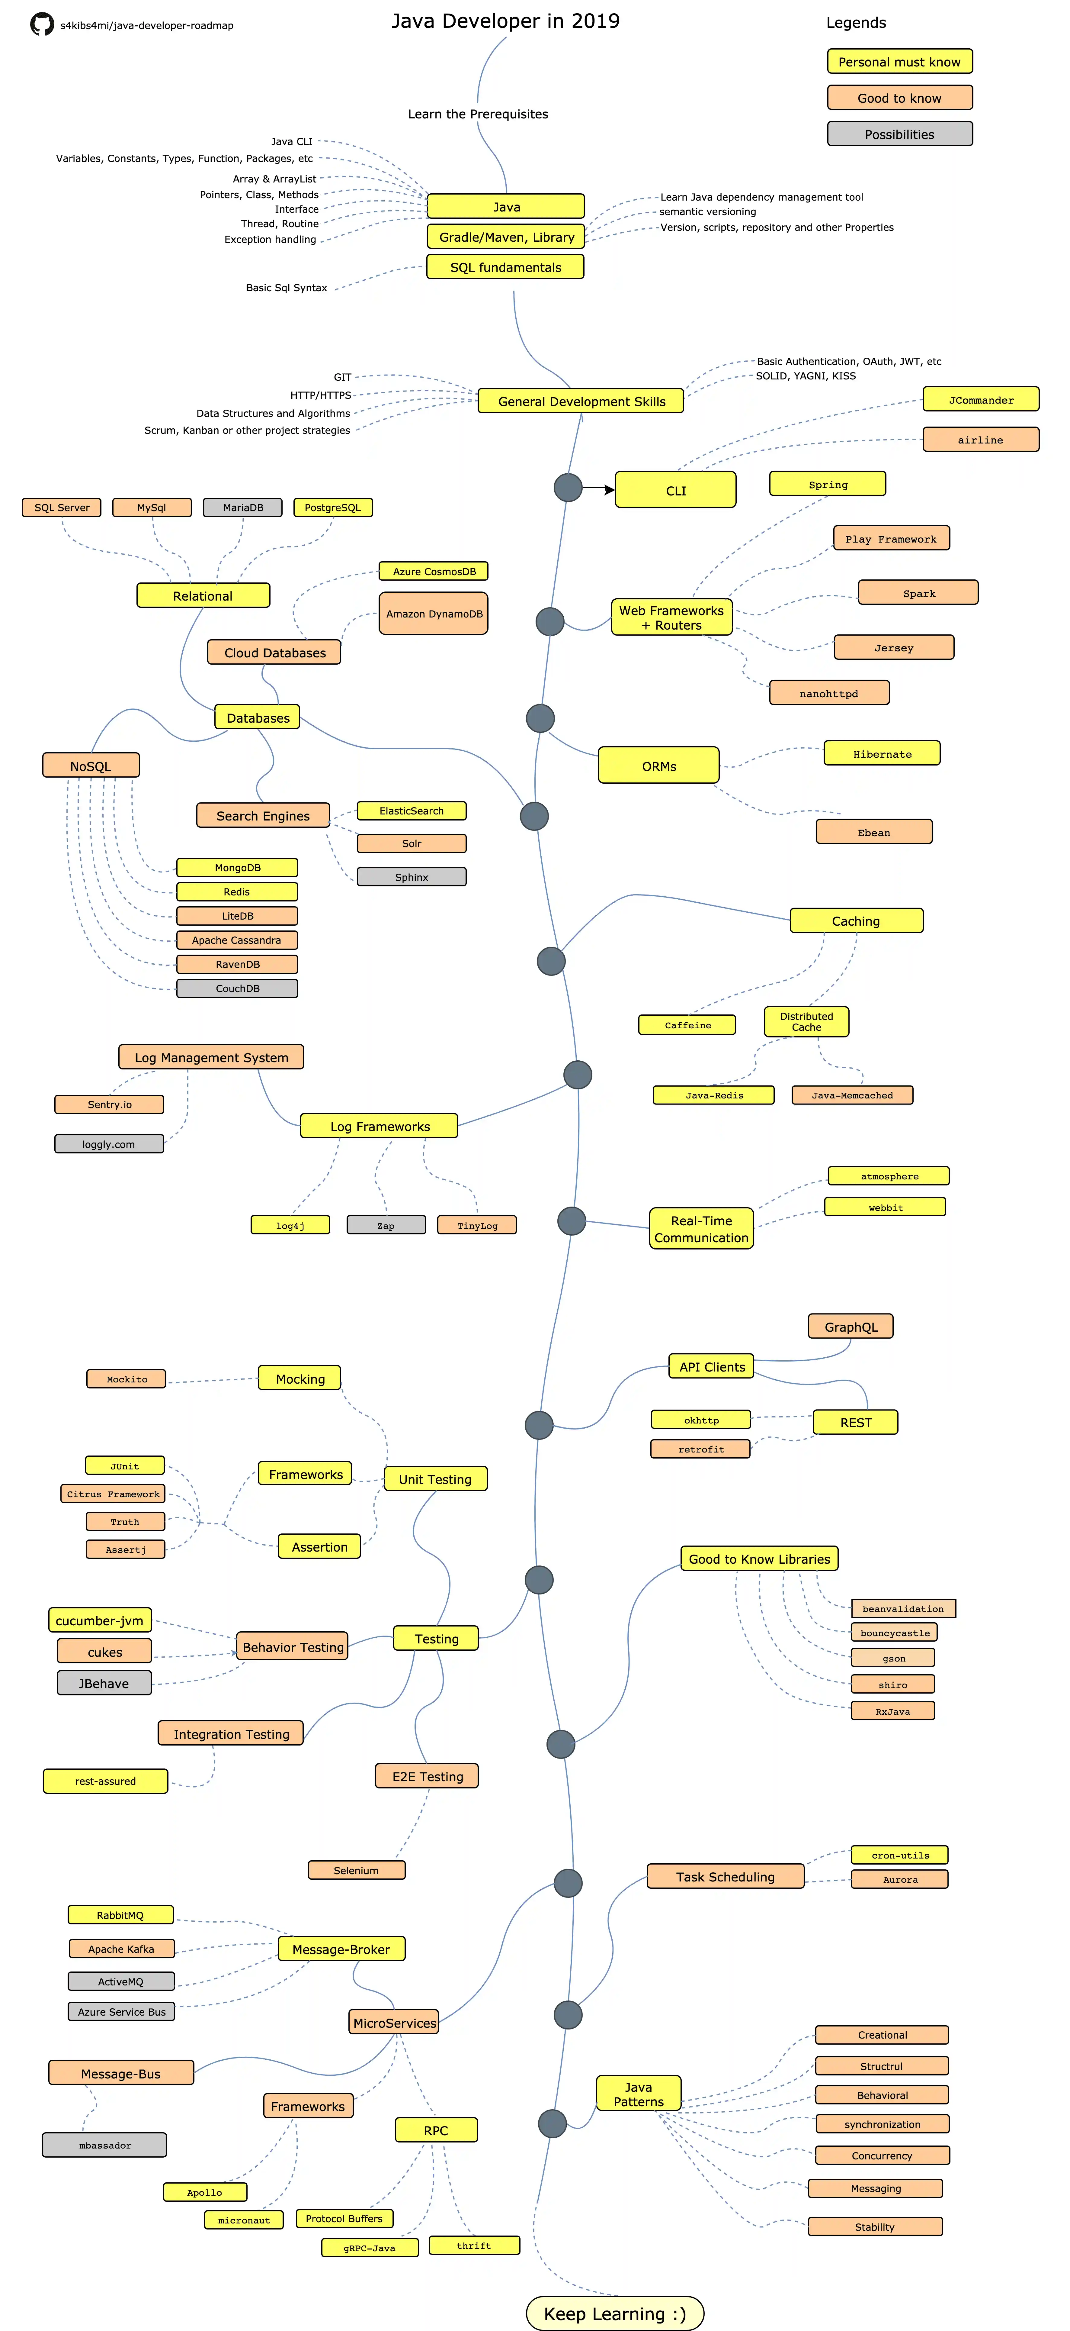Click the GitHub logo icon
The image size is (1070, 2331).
pyautogui.click(x=42, y=24)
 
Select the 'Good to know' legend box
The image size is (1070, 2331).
pyautogui.click(x=899, y=98)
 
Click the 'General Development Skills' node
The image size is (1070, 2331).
pyautogui.click(x=581, y=401)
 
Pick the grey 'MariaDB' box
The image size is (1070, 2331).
pyautogui.click(x=242, y=508)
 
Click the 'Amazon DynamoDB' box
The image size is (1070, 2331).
pyautogui.click(x=433, y=614)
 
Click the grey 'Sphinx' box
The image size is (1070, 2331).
pyautogui.click(x=412, y=877)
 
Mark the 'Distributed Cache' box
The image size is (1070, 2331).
pyautogui.click(x=806, y=1022)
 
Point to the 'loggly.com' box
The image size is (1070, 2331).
pyautogui.click(x=108, y=1144)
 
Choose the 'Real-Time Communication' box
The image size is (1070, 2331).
pyautogui.click(x=701, y=1229)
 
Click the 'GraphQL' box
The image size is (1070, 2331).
pyautogui.click(x=850, y=1327)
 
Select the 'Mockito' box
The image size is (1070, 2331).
pyautogui.click(x=127, y=1379)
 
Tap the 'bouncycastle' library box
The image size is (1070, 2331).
pyautogui.click(x=894, y=1633)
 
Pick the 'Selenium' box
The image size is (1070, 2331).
pyautogui.click(x=356, y=1869)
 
